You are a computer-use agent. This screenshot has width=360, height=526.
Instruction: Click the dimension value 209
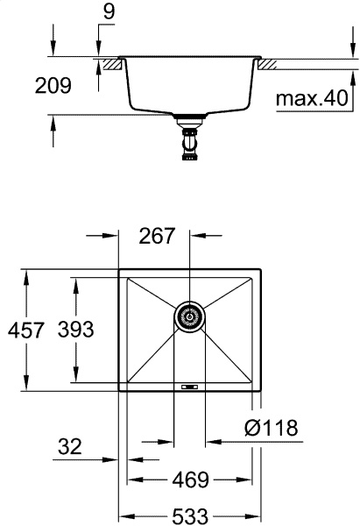[53, 87]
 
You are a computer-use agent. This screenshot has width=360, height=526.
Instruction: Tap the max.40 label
[313, 98]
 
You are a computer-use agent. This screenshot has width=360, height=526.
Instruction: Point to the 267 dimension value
[158, 236]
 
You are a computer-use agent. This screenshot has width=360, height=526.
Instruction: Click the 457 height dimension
[26, 330]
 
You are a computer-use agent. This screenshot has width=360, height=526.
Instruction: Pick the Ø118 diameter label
[272, 429]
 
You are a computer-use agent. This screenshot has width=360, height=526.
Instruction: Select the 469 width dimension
[190, 480]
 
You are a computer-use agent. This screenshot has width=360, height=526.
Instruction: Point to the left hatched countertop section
[110, 63]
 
